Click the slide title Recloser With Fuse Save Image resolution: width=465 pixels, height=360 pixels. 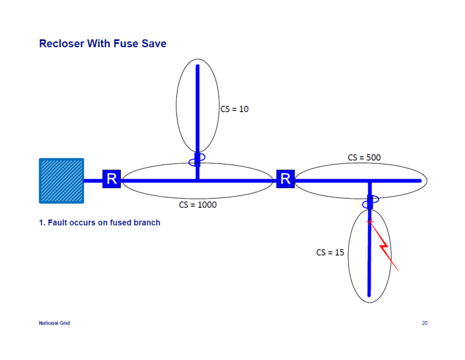[102, 44]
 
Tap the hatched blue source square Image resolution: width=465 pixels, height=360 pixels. [61, 181]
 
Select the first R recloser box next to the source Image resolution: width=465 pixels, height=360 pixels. [112, 180]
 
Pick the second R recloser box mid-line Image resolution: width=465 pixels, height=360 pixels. [286, 180]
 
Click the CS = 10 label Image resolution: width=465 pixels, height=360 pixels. [235, 109]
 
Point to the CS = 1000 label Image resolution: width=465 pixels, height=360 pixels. [198, 204]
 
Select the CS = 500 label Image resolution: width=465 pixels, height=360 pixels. [364, 158]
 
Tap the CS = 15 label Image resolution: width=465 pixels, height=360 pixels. [330, 253]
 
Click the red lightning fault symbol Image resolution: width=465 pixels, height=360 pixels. [385, 248]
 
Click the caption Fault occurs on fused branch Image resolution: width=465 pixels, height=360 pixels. [99, 223]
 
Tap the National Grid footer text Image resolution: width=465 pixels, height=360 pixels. [54, 323]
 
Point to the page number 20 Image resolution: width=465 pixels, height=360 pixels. [425, 323]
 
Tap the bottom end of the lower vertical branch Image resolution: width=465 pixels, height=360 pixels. [369, 296]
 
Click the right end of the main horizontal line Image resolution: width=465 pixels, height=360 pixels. [420, 181]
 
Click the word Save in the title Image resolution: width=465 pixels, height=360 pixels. [155, 44]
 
